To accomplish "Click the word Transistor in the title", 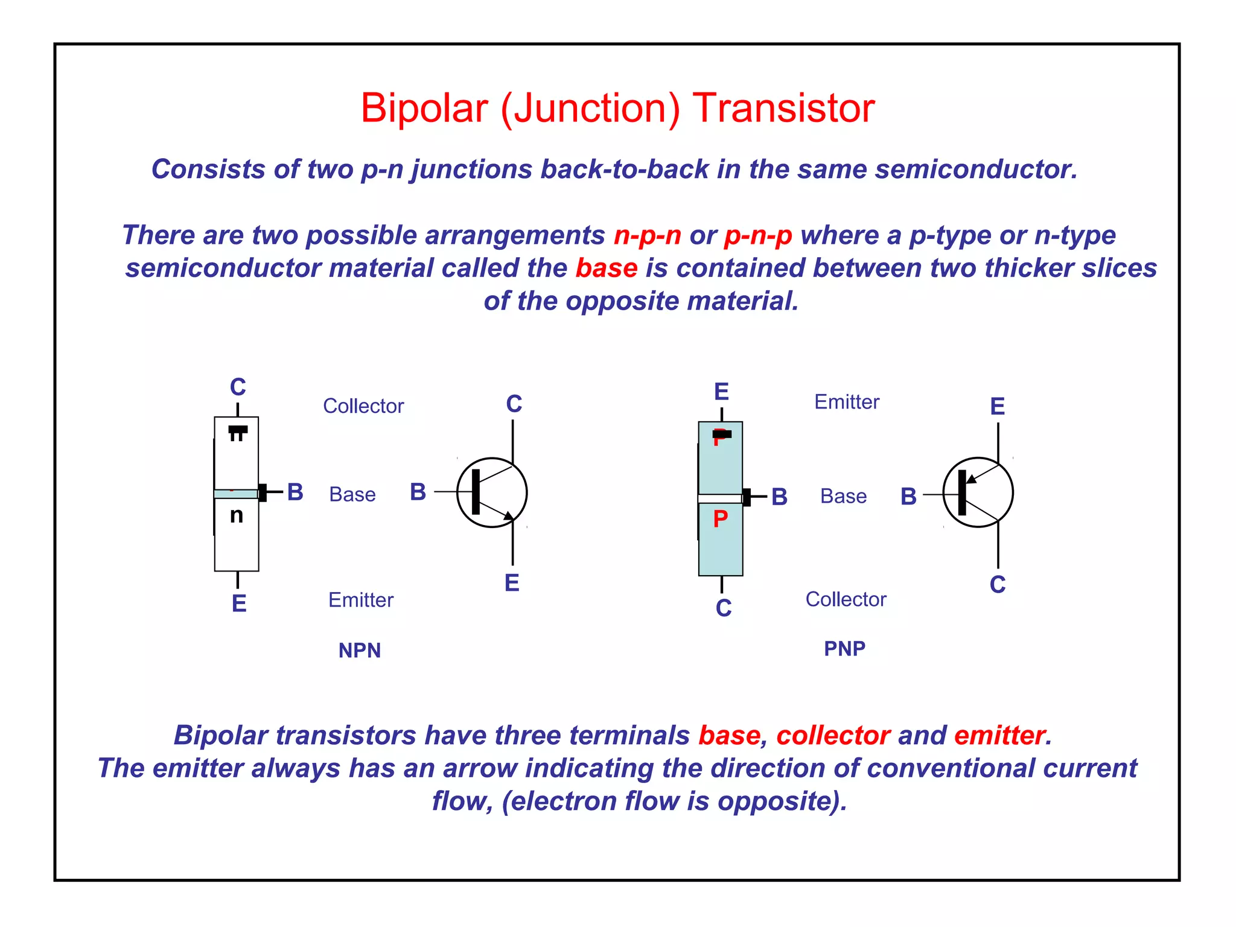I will [x=783, y=109].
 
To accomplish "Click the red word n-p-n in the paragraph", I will [x=647, y=235].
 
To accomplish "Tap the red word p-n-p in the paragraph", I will [x=758, y=235].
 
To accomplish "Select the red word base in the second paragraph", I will [x=606, y=268].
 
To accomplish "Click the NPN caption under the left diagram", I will [x=360, y=651].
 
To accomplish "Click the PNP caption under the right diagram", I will [x=844, y=649].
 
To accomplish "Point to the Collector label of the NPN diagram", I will [x=363, y=406].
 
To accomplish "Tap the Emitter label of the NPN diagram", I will [x=361, y=600].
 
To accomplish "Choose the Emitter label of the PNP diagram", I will [x=847, y=402].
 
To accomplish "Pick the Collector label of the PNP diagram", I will [x=846, y=599].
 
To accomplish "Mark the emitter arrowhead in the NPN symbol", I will [x=509, y=516].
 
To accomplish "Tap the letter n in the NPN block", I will [x=237, y=515].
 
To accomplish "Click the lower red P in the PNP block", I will [x=721, y=519].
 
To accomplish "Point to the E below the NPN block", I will [x=239, y=604].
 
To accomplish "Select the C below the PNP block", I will [x=724, y=608].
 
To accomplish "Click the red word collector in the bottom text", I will [x=833, y=736].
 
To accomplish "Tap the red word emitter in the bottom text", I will [x=999, y=736].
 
